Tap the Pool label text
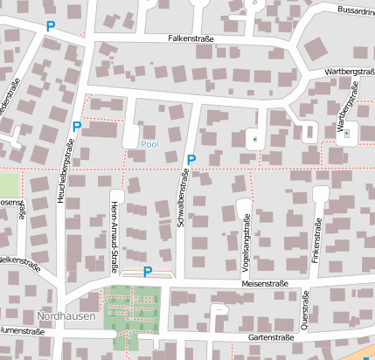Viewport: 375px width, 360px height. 149,143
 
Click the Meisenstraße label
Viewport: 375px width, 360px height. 264,285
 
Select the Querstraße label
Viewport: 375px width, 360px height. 305,309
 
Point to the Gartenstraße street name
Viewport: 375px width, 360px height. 270,337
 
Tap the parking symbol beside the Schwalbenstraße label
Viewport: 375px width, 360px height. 191,159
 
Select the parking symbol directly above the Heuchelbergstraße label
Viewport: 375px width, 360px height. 77,127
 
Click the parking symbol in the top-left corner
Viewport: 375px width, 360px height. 50,27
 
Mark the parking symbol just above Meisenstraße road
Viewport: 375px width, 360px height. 148,272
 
